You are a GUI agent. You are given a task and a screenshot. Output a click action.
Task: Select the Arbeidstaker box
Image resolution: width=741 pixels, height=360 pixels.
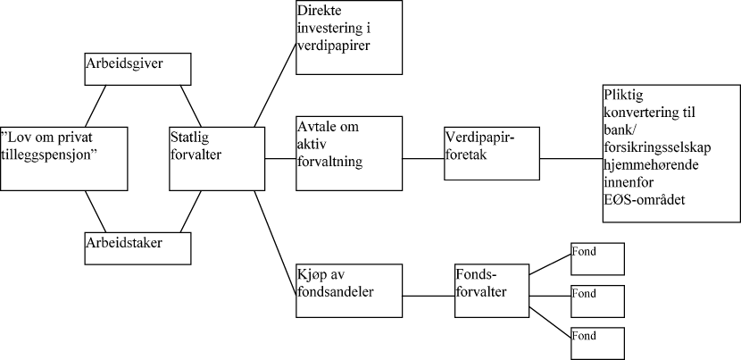(137, 248)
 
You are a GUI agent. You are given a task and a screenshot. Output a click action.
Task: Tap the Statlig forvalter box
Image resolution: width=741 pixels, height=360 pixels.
(211, 158)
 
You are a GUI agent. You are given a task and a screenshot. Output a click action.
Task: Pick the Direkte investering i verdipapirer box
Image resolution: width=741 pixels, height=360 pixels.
(348, 38)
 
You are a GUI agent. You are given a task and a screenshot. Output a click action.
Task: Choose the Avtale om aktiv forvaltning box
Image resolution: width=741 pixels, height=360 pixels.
(348, 153)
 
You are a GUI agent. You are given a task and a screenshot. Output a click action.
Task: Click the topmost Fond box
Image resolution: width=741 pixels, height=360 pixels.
(597, 259)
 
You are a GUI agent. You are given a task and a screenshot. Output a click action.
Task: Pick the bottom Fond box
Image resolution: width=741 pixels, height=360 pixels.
(597, 343)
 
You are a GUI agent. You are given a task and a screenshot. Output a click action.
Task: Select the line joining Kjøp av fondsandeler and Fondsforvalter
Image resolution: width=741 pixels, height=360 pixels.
(428, 295)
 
